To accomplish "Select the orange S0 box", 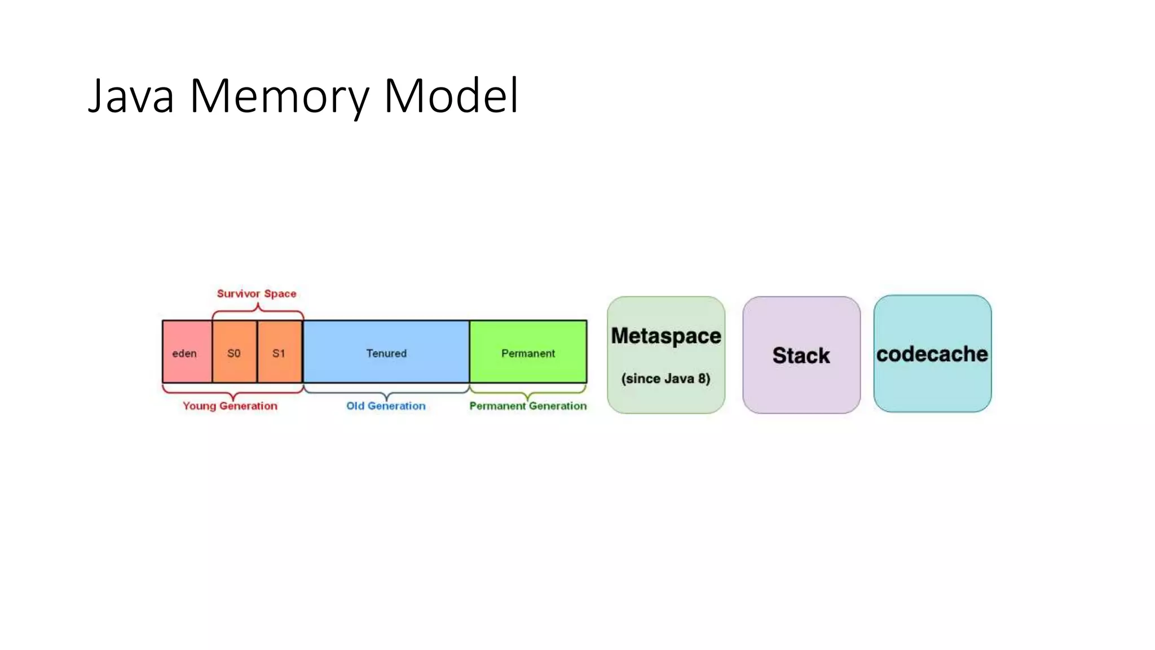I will pyautogui.click(x=235, y=352).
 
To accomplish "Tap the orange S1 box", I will pyautogui.click(x=279, y=352).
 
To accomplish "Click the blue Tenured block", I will pyautogui.click(x=386, y=352).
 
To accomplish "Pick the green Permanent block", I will pyautogui.click(x=528, y=352).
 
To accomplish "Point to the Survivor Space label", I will pyautogui.click(x=257, y=293).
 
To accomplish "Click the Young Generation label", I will pyautogui.click(x=230, y=406).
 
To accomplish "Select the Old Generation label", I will pyautogui.click(x=386, y=406).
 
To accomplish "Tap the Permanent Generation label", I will pyautogui.click(x=528, y=406).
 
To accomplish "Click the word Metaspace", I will pyautogui.click(x=666, y=336).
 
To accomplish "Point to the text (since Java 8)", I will pyautogui.click(x=666, y=379).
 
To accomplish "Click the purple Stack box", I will pyautogui.click(x=801, y=355).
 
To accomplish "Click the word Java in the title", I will pyautogui.click(x=131, y=96).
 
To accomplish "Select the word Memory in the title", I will pyautogui.click(x=279, y=96).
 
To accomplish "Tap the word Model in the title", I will pyautogui.click(x=451, y=96).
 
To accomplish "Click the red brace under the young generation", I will pyautogui.click(x=232, y=392).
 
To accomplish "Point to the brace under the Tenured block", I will pyautogui.click(x=386, y=392).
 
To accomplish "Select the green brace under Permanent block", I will pyautogui.click(x=528, y=392).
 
